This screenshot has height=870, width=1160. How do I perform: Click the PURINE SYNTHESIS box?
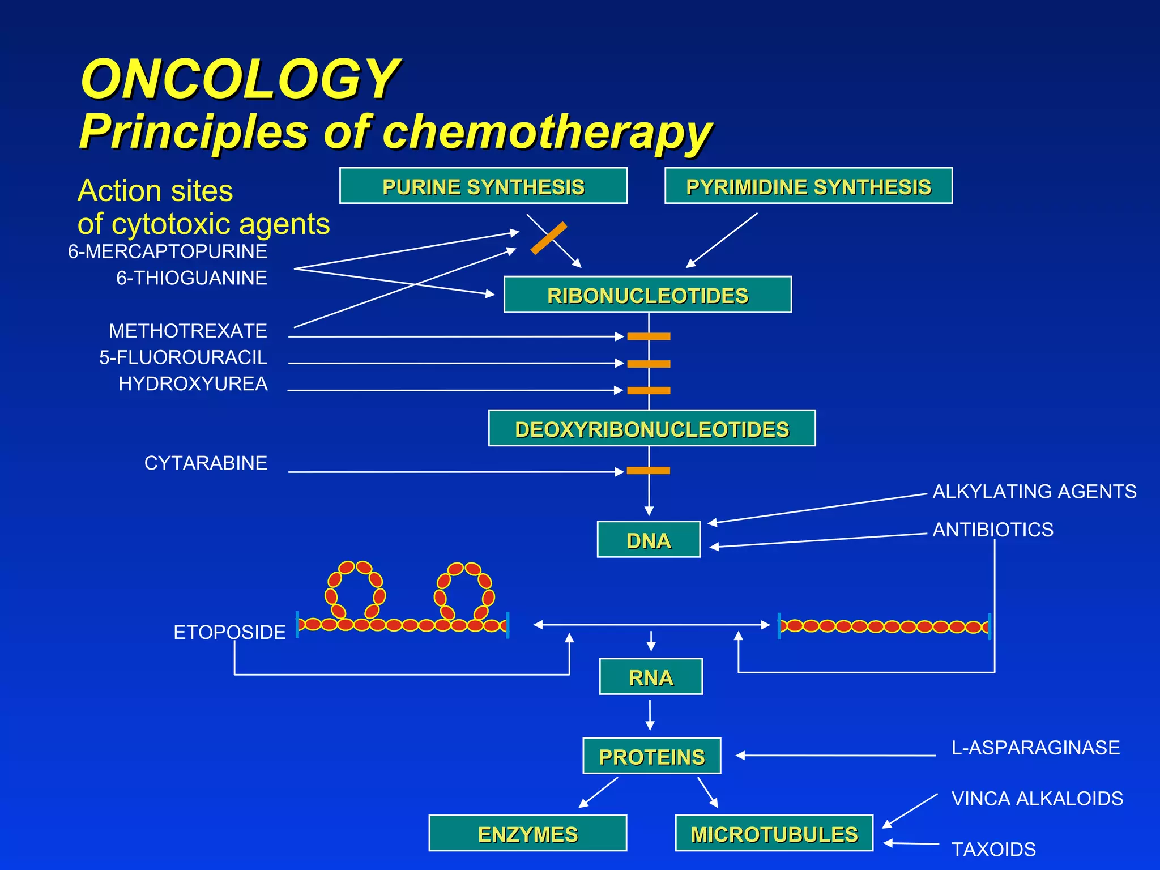pyautogui.click(x=483, y=186)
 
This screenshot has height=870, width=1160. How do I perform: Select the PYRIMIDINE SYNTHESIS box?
pyautogui.click(x=808, y=186)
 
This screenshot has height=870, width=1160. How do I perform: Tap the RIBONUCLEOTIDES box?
pyautogui.click(x=647, y=295)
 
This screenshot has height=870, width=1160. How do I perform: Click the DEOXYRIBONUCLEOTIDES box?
pyautogui.click(x=651, y=428)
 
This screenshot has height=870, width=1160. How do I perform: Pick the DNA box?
pyautogui.click(x=649, y=540)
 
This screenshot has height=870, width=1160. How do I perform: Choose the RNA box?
pyautogui.click(x=651, y=676)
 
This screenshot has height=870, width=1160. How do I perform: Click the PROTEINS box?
pyautogui.click(x=651, y=756)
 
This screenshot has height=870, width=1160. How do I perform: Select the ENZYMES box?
pyautogui.click(x=527, y=833)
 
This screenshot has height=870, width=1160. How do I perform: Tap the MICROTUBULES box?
pyautogui.click(x=774, y=833)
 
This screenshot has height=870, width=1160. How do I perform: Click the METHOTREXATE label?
pyautogui.click(x=187, y=331)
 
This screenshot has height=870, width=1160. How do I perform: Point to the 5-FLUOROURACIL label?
pyautogui.click(x=183, y=357)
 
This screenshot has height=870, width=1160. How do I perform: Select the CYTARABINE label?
pyautogui.click(x=206, y=463)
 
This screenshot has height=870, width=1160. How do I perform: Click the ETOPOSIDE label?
pyautogui.click(x=229, y=632)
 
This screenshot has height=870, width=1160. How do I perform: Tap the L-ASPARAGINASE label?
pyautogui.click(x=1035, y=748)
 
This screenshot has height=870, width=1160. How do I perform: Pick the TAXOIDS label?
pyautogui.click(x=993, y=850)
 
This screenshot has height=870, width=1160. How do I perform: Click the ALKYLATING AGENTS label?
pyautogui.click(x=1034, y=492)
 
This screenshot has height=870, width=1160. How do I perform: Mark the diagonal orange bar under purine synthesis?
pyautogui.click(x=548, y=238)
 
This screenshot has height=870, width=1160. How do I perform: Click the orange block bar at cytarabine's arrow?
pyautogui.click(x=649, y=471)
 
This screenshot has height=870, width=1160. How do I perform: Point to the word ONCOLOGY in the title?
pyautogui.click(x=240, y=79)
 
